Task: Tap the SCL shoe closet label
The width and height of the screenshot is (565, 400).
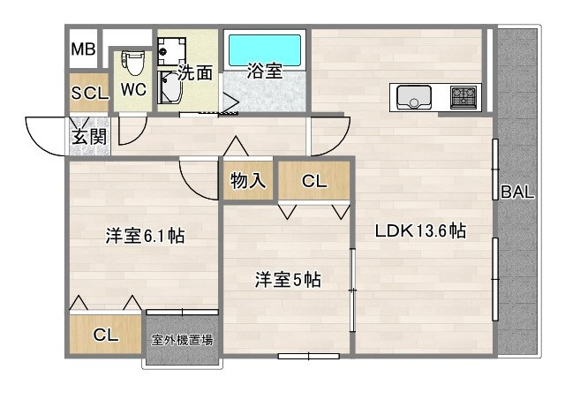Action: click(x=89, y=92)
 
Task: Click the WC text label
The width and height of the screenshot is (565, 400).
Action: click(x=133, y=90)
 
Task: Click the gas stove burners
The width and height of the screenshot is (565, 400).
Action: click(x=463, y=95)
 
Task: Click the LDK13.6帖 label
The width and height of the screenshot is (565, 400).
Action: click(x=420, y=232)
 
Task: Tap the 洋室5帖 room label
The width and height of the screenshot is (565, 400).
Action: click(x=288, y=280)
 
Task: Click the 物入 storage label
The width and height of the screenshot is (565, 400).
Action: click(x=248, y=182)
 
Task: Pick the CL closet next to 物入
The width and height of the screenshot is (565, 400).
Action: click(x=314, y=182)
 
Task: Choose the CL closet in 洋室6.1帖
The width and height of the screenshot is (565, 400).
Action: click(x=106, y=335)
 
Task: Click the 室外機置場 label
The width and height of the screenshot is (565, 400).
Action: click(x=183, y=339)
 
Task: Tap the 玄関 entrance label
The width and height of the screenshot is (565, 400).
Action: click(x=88, y=137)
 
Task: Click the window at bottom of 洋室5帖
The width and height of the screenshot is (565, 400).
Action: click(x=308, y=356)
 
